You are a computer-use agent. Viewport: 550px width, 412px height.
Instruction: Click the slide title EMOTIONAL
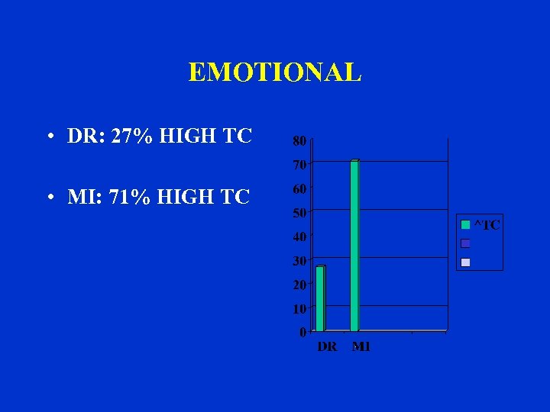tap(274, 72)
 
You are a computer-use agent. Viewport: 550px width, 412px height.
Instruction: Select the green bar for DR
tap(320, 298)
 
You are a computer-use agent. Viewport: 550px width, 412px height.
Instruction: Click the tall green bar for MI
tap(354, 246)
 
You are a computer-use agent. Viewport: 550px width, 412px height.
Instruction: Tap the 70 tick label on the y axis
tap(299, 164)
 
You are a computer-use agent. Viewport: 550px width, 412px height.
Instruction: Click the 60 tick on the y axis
tap(299, 188)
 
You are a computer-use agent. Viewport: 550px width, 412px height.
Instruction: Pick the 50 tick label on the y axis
tap(299, 212)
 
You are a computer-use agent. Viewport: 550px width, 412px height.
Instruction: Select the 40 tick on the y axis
tap(299, 237)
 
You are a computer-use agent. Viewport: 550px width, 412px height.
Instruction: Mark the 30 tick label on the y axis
tap(299, 261)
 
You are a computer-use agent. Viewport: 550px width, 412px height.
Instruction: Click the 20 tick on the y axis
tap(299, 285)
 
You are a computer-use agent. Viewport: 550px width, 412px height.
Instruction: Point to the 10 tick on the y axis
tap(299, 309)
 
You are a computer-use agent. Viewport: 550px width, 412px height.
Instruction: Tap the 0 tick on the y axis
tap(302, 333)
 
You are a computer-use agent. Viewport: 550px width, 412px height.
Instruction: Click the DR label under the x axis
tap(327, 347)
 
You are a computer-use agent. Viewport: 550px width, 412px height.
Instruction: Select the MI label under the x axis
tap(361, 347)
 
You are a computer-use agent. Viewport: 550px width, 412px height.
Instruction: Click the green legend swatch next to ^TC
tap(465, 225)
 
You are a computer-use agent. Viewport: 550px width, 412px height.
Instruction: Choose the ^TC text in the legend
tap(487, 225)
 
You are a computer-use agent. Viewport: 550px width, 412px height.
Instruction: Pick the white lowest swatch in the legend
tap(465, 262)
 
